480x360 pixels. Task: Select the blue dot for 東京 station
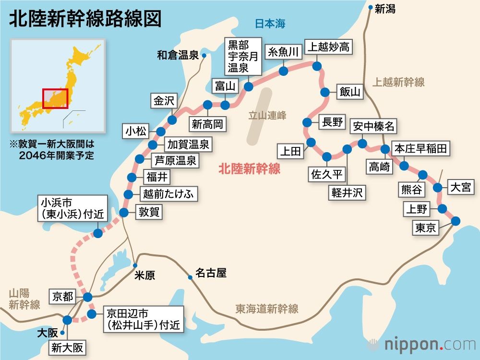[456, 221]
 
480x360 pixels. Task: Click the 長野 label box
[332, 122]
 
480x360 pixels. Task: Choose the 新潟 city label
[385, 9]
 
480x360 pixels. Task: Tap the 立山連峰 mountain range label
[267, 115]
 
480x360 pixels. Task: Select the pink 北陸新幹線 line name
[249, 169]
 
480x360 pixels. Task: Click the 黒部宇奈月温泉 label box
[244, 57]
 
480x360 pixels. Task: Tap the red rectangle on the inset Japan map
[55, 98]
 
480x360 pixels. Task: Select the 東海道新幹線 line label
[267, 308]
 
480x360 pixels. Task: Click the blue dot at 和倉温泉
[204, 56]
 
